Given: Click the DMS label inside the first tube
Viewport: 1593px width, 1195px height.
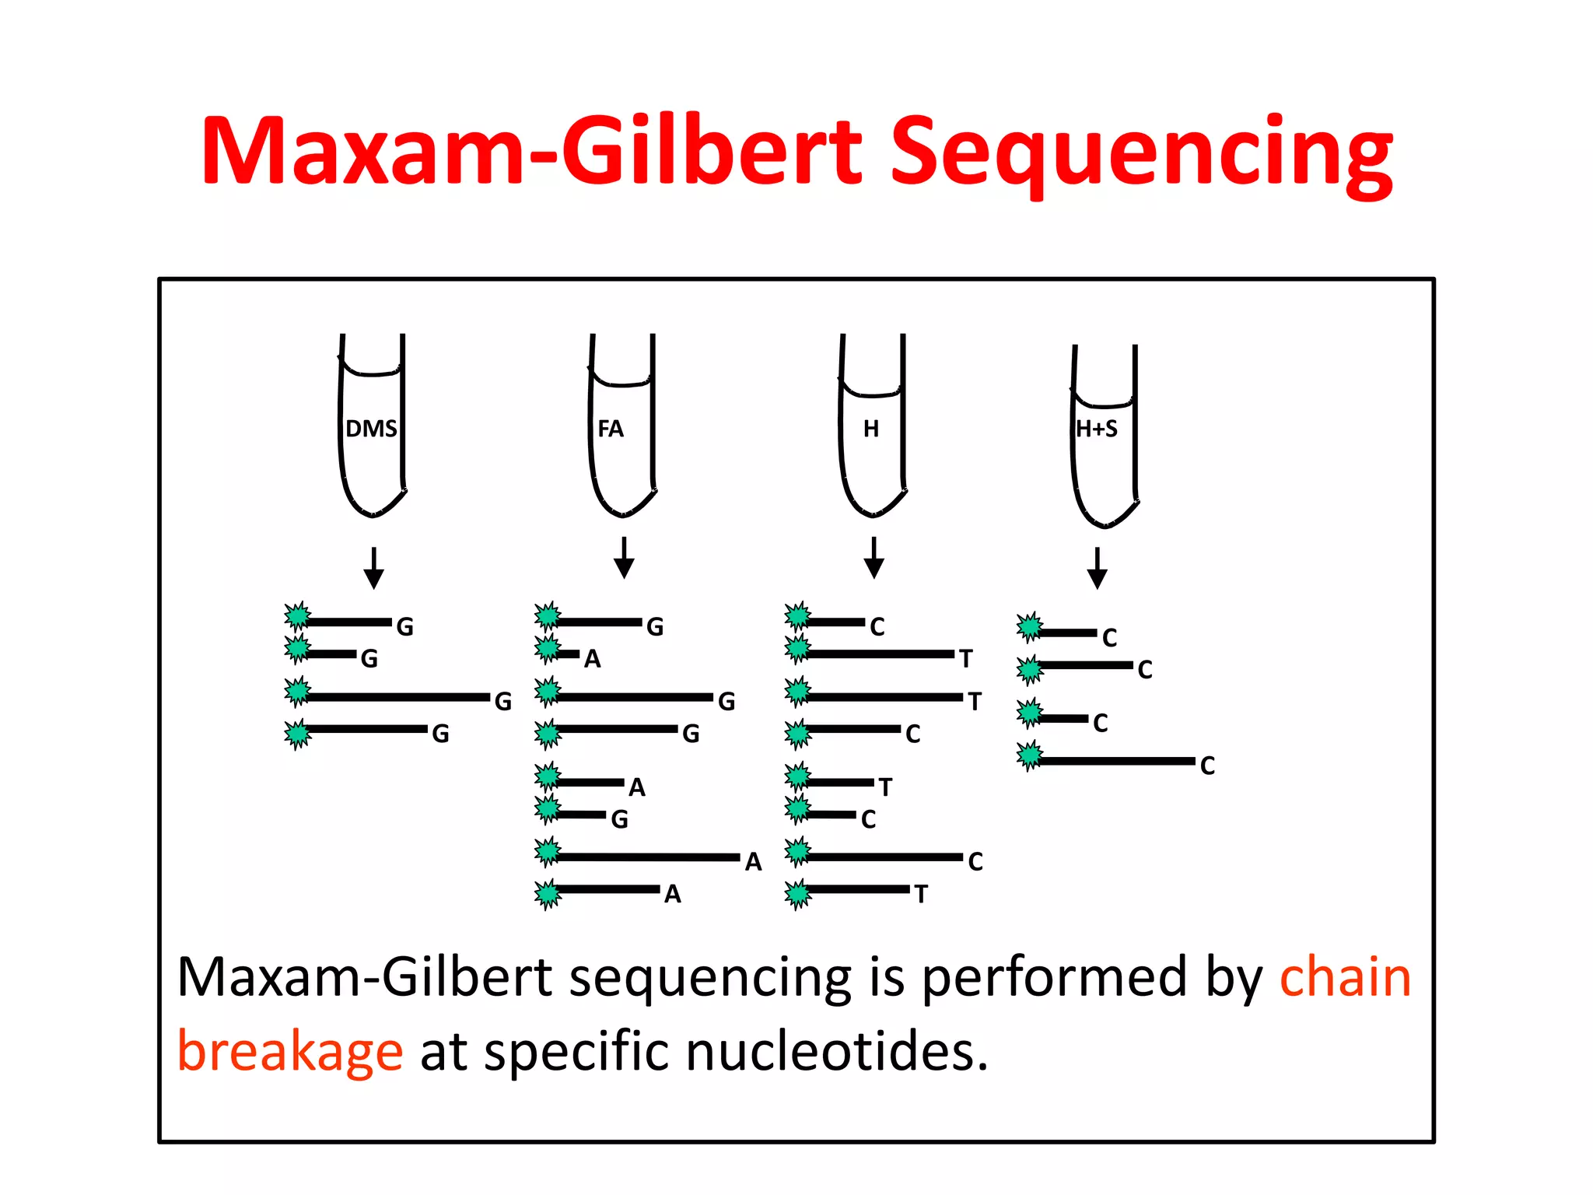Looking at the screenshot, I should point(371,429).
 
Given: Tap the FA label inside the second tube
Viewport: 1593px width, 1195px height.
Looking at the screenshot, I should point(611,429).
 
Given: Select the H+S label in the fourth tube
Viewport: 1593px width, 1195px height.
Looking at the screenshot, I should point(1097,429).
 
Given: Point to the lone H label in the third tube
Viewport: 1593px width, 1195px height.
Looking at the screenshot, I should point(871,429).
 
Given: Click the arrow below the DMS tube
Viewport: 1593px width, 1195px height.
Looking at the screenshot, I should point(374,569).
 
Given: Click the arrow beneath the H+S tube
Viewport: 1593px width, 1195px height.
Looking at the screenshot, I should point(1098,569).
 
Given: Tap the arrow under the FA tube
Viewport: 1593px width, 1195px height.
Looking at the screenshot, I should point(624,558).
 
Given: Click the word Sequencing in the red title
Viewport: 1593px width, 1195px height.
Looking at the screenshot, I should point(1140,152).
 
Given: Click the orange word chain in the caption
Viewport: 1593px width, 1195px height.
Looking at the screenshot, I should point(1345,977).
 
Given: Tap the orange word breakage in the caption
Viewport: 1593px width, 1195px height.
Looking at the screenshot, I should point(290,1052).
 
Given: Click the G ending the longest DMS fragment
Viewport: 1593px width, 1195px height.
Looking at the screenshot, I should point(503,702).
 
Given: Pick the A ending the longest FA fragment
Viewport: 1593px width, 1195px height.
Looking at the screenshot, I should point(753,861).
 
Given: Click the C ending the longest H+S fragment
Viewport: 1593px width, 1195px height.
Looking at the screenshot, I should point(1207,766).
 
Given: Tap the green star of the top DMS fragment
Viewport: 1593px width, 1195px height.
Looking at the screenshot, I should point(297,616).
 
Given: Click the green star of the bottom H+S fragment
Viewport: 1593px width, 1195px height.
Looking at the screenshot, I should point(1030,755).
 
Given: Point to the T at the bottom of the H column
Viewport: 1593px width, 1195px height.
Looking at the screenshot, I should point(921,894).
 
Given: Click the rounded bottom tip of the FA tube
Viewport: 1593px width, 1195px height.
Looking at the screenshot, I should point(622,514).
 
